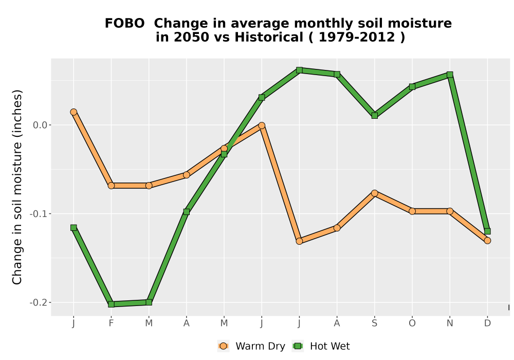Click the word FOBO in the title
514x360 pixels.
124,24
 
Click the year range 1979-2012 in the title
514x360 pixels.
357,37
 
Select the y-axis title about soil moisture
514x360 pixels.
17,187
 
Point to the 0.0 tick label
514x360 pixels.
40,125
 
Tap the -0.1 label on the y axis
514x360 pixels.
39,214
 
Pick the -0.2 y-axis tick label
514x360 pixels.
39,302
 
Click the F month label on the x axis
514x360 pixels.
111,323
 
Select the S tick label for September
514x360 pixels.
374,323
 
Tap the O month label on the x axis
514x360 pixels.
412,323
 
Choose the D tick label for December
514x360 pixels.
487,323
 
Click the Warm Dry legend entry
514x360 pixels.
251,346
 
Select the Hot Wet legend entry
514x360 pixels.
321,346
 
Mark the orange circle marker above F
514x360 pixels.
111,186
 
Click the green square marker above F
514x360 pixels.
111,304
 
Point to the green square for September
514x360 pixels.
374,115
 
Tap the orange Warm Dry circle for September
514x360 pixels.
374,193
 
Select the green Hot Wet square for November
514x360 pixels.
450,75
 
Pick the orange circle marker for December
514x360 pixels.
487,241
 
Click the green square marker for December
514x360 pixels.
487,231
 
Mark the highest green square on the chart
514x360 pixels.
299,70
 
